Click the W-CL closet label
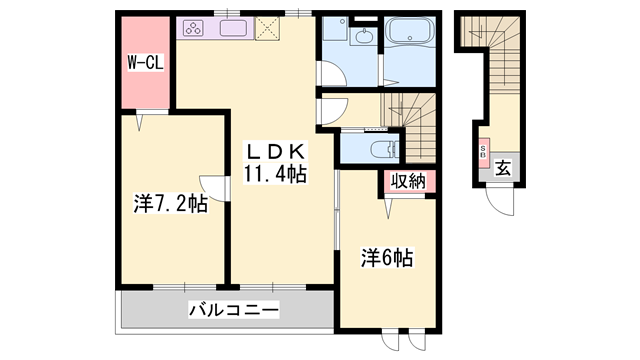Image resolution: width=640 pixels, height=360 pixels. pos(146,62)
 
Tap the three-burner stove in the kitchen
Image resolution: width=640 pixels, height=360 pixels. pos(195,28)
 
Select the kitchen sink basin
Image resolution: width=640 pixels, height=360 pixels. pos(233,28)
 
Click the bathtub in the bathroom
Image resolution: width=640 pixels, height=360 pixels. pos(410,41)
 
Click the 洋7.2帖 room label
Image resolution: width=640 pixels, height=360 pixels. pos(169,205)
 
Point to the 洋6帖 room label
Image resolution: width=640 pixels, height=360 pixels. pos(386,257)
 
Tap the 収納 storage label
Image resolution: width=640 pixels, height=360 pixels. pos(407,182)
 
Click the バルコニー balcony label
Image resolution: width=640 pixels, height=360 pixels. pos(233,310)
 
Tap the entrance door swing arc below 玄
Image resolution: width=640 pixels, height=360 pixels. pos(501,202)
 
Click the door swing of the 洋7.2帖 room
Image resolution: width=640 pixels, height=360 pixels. pos(210,186)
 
